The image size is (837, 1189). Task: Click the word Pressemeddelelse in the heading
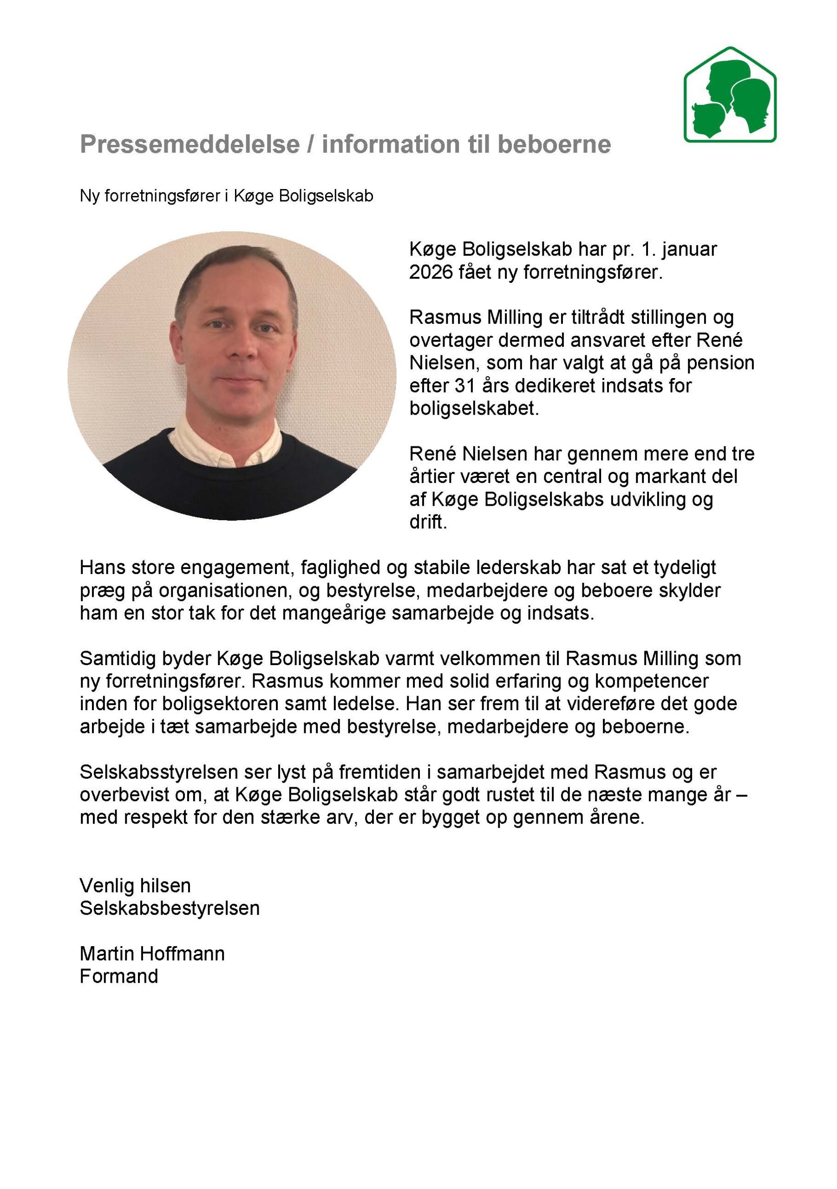coord(190,144)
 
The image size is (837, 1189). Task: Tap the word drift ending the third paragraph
coord(427,522)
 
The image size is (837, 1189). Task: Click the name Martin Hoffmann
coord(152,954)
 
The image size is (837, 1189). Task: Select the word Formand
coord(118,976)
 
